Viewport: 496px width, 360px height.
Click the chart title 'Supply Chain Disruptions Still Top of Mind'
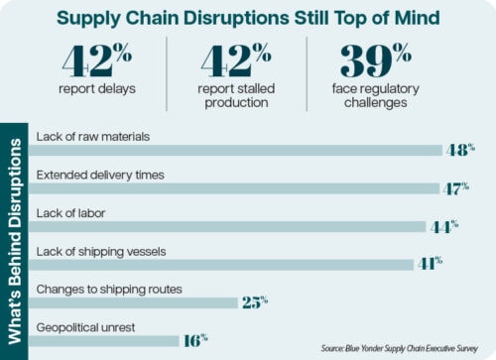tap(248, 18)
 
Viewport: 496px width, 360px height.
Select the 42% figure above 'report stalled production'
tap(238, 60)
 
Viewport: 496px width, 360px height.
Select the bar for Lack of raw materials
tap(238, 150)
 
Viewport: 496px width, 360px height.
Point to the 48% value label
tap(459, 149)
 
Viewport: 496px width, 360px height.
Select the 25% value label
tap(254, 302)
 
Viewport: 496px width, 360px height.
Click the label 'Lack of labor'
tap(69, 212)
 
